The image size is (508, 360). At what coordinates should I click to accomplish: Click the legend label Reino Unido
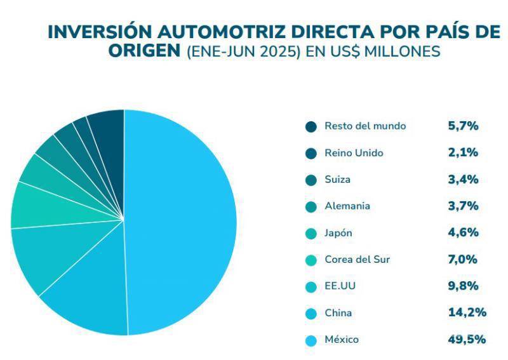(354, 153)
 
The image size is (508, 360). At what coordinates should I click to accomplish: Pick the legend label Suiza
(337, 180)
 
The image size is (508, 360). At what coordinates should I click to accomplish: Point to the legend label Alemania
(347, 206)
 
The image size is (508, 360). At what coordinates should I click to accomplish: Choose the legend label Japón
(338, 233)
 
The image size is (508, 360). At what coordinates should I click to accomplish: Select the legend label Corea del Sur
(357, 260)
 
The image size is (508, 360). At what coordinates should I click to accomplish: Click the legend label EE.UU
(340, 286)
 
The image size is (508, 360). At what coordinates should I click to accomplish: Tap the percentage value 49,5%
(467, 339)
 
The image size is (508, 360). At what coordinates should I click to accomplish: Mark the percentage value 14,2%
(467, 312)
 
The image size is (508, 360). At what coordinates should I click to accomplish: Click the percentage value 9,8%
(463, 286)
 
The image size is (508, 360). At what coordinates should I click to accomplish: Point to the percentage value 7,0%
(463, 259)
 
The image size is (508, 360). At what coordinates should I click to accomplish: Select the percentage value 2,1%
(463, 152)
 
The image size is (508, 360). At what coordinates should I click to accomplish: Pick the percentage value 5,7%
(463, 126)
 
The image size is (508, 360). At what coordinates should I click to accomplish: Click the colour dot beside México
(311, 340)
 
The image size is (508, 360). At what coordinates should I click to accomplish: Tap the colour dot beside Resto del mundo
(311, 127)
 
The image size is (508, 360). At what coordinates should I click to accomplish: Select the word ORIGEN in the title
(144, 51)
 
